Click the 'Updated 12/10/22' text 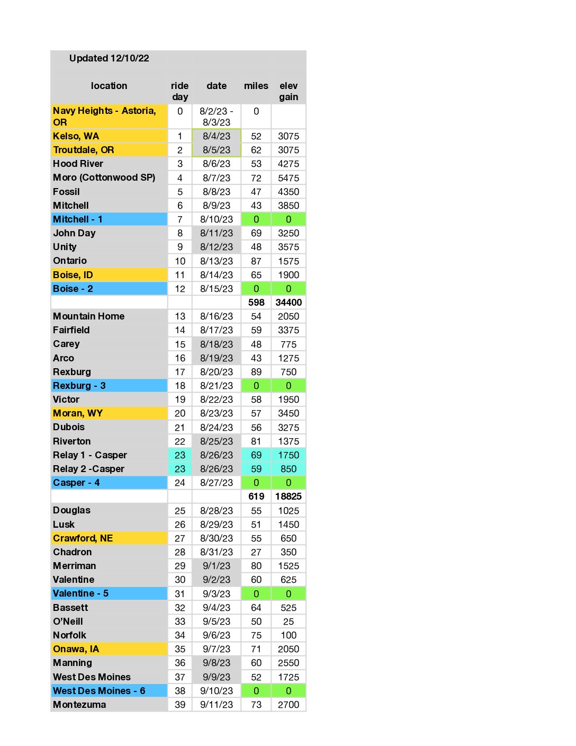click(109, 58)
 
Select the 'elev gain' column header click(289, 91)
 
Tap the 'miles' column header click(256, 86)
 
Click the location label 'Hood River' click(78, 164)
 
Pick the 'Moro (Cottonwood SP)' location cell click(104, 177)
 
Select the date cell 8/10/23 click(217, 219)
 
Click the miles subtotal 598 click(256, 303)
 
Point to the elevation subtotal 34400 click(289, 303)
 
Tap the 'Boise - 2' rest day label click(73, 289)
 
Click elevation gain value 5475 click(289, 178)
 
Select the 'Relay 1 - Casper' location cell click(90, 455)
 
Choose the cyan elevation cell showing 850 click(289, 469)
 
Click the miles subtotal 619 click(256, 496)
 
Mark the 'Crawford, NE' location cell click(83, 538)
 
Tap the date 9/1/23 click(217, 566)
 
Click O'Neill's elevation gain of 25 click(289, 621)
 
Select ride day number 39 click(180, 705)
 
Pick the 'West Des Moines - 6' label click(99, 691)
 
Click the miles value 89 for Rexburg click(256, 372)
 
